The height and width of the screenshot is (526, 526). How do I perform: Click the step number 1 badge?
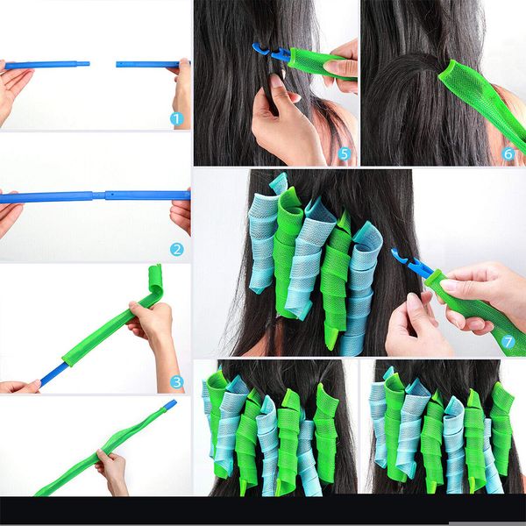pyautogui.click(x=176, y=118)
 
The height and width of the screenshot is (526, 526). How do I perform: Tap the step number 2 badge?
pyautogui.click(x=176, y=249)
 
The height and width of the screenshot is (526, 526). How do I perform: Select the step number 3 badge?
pyautogui.click(x=176, y=381)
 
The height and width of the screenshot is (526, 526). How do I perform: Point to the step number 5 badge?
pyautogui.click(x=344, y=154)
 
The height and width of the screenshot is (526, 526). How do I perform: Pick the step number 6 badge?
pyautogui.click(x=508, y=153)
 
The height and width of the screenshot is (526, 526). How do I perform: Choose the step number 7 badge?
pyautogui.click(x=508, y=341)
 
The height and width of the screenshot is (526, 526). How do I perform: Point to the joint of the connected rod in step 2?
pyautogui.click(x=103, y=195)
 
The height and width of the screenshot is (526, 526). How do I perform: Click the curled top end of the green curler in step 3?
pyautogui.click(x=155, y=281)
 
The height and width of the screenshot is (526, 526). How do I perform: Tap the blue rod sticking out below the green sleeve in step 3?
pyautogui.click(x=51, y=376)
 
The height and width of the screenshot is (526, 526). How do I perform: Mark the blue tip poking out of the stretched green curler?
pyautogui.click(x=168, y=405)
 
